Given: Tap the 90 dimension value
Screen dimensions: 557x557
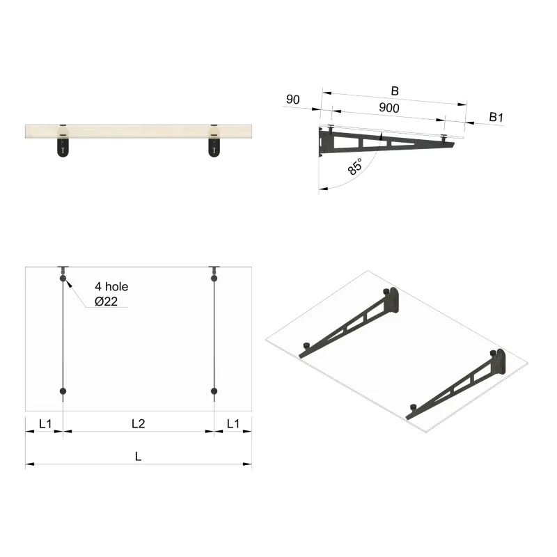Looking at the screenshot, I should coord(292,100).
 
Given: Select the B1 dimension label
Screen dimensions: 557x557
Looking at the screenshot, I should coord(496,117).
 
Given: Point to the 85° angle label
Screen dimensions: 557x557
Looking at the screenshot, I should coord(354,167).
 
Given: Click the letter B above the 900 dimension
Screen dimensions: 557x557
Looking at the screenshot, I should coord(395,91).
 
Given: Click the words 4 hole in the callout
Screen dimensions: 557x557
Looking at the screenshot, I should coord(111,286).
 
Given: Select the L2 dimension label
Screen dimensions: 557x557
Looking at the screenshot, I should coord(139,423).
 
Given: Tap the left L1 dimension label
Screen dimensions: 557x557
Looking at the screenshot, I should coord(45,423).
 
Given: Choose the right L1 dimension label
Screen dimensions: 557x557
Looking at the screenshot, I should coord(233,423).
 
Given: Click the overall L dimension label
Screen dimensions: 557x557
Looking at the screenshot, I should coord(139,457).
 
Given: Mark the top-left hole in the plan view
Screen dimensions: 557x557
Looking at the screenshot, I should coord(63,278).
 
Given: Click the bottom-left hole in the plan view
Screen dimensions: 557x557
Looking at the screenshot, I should coord(63,391).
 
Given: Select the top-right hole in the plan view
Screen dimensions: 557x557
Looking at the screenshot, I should coord(214,278).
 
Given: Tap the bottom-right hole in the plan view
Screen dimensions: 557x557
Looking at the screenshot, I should coord(214,391).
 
